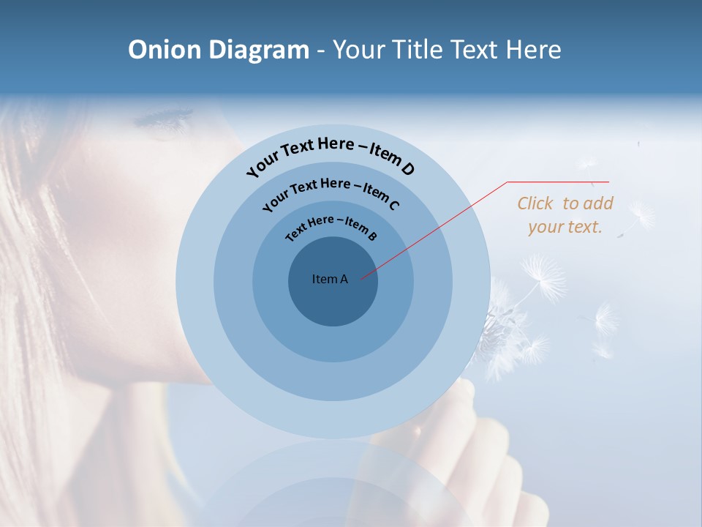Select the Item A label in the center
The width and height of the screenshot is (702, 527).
point(330,279)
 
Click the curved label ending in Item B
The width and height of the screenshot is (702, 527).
point(331,226)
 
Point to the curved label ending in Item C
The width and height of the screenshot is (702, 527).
point(331,192)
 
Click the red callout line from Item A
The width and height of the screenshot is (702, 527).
point(431,231)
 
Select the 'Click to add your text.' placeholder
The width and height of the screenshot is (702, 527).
point(565,215)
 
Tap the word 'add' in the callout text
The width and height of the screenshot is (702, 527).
point(597,203)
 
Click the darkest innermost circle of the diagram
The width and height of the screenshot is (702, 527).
point(333,300)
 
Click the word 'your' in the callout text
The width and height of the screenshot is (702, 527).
point(546,227)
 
